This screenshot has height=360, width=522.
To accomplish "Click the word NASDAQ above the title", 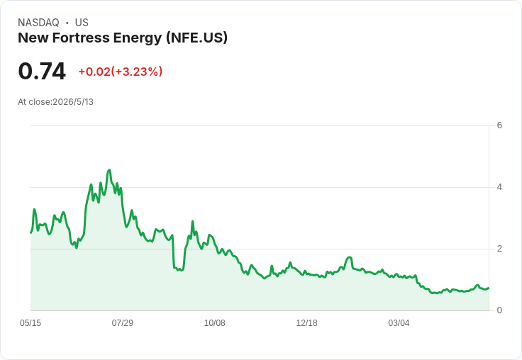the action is (x=38, y=23).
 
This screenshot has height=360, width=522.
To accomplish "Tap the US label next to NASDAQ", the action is (x=82, y=23).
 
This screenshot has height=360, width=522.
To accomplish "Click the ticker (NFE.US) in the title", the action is (x=197, y=38).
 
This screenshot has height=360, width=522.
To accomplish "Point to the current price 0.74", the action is (x=42, y=71).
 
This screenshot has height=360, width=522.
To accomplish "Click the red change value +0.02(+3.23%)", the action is (x=121, y=72).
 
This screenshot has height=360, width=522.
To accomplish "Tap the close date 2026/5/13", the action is (x=73, y=102).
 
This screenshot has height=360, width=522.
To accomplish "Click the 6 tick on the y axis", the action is (x=499, y=125).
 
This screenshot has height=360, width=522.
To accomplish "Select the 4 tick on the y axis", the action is (x=499, y=187).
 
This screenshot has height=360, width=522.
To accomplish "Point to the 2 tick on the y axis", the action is (x=499, y=249).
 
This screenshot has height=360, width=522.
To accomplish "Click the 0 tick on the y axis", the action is (x=499, y=310).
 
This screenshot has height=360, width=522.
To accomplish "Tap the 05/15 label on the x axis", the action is (x=30, y=323).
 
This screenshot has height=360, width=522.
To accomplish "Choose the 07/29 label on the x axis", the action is (x=123, y=323).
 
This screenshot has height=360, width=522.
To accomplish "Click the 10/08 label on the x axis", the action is (x=215, y=323).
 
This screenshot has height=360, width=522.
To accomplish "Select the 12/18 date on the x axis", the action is (x=306, y=323).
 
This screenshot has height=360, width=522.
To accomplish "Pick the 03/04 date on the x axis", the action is (x=399, y=323).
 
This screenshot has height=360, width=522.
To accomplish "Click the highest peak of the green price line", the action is (x=109, y=170).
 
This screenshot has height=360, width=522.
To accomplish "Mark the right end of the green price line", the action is (x=489, y=288).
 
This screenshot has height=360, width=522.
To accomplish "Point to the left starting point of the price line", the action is (x=31, y=232).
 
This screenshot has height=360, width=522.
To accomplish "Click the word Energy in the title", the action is (x=138, y=38).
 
